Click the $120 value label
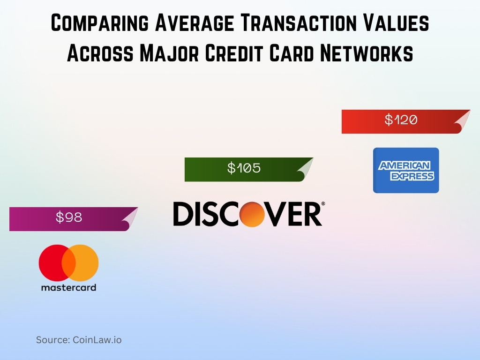401,120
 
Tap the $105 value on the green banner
244,168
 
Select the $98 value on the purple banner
69,217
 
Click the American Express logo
406,170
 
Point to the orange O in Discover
254,214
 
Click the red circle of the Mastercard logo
53,262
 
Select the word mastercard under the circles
68,287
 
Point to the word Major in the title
156,53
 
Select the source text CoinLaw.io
96,340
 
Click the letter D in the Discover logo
183,214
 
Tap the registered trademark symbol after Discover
322,204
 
